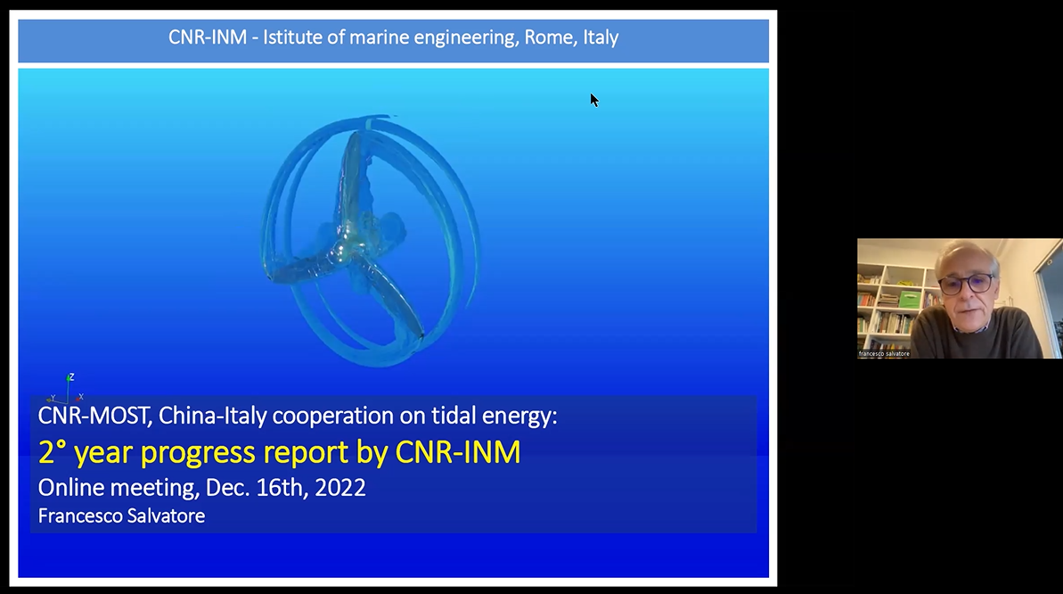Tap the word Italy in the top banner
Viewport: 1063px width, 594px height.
click(x=601, y=38)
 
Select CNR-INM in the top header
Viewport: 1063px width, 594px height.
click(x=208, y=37)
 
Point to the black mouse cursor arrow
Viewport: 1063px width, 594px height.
click(x=593, y=101)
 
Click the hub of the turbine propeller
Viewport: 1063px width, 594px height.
click(x=354, y=235)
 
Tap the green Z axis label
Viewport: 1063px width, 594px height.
click(x=71, y=376)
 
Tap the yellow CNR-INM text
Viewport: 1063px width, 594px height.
click(x=458, y=452)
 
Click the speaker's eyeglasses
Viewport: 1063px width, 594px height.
click(x=967, y=284)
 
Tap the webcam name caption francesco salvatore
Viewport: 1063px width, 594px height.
click(x=884, y=354)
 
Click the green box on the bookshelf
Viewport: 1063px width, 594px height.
click(x=909, y=299)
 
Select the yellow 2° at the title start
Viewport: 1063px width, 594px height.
click(x=52, y=452)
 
